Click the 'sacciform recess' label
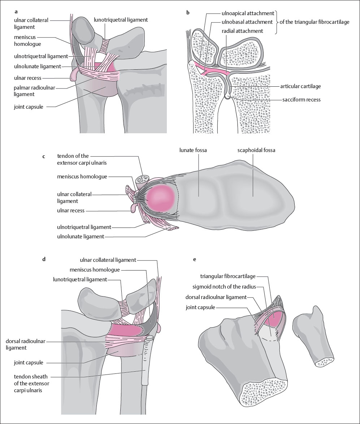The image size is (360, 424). pyautogui.click(x=302, y=99)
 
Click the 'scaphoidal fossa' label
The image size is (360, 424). pyautogui.click(x=256, y=150)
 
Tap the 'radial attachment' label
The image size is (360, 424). pyautogui.click(x=243, y=31)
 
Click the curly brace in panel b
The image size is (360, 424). pyautogui.click(x=277, y=22)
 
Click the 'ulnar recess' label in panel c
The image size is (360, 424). pyautogui.click(x=70, y=210)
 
